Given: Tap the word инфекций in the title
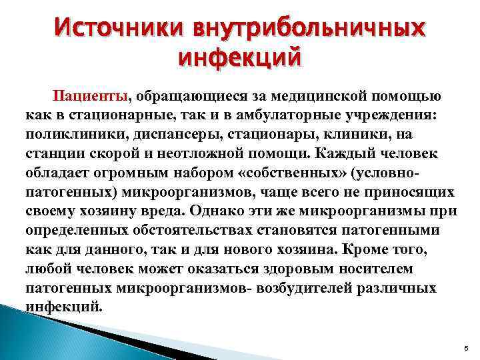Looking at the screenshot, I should coord(240,59).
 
